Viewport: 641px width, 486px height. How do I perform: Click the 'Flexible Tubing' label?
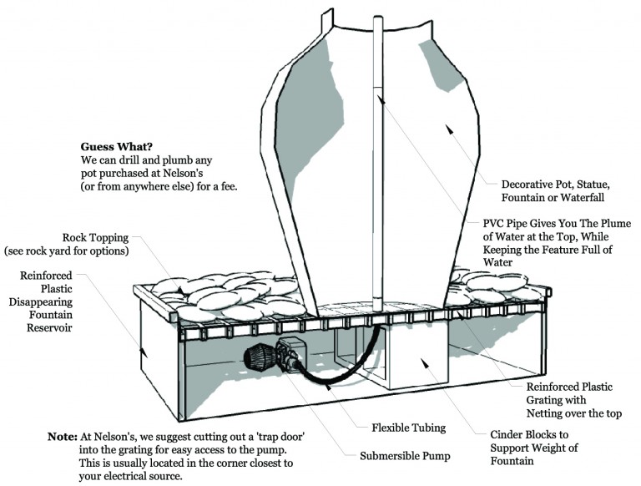point(409,428)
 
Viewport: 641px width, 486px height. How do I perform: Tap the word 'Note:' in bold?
point(62,437)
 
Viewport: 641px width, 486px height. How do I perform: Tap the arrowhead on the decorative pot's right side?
point(452,129)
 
